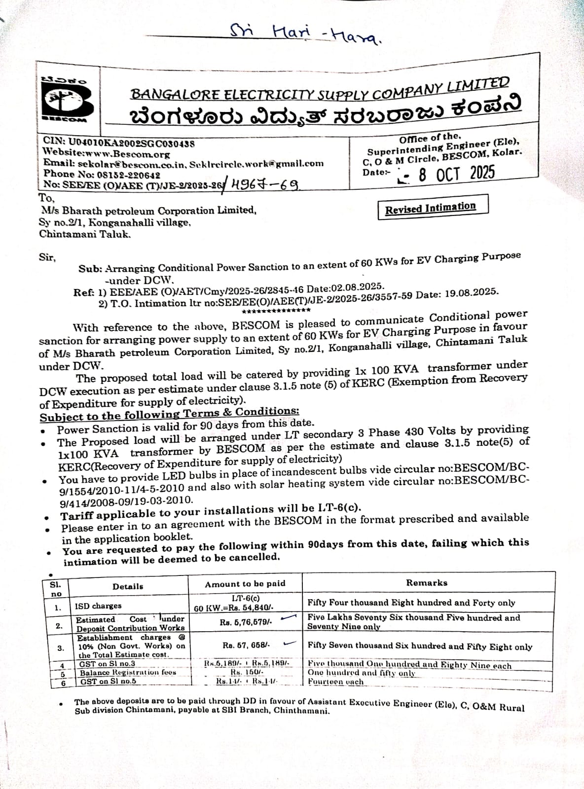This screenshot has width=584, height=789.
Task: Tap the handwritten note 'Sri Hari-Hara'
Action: (x=306, y=34)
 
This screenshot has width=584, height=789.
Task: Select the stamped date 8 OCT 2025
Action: (x=456, y=174)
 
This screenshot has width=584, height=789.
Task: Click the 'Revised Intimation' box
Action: (x=431, y=208)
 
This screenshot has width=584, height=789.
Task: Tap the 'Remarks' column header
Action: (x=427, y=582)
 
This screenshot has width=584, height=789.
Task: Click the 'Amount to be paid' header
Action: (x=245, y=584)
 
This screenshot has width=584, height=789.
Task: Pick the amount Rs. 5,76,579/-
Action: (x=245, y=622)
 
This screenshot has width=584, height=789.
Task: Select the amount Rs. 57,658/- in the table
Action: (x=246, y=645)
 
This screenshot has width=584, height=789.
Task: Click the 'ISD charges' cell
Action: (x=98, y=606)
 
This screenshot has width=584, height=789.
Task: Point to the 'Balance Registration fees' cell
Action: (x=128, y=672)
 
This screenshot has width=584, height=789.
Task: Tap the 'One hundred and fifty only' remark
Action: (x=361, y=673)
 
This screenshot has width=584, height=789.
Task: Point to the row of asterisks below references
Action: (x=276, y=311)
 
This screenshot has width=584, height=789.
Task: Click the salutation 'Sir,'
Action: (x=47, y=257)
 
